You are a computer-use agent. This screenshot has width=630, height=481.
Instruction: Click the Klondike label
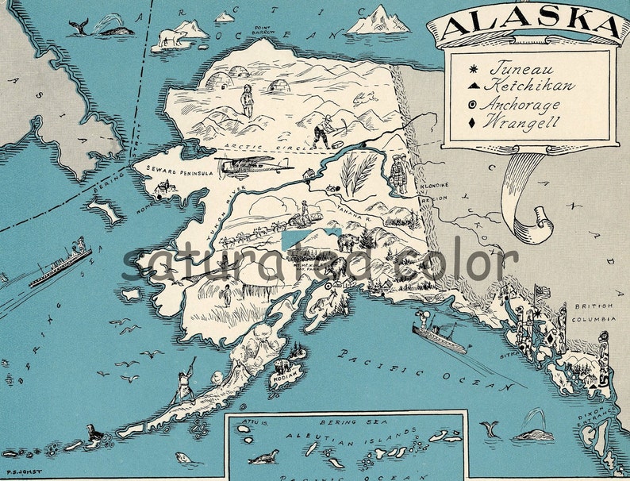435,185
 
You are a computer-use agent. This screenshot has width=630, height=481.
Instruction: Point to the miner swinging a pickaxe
325,130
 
